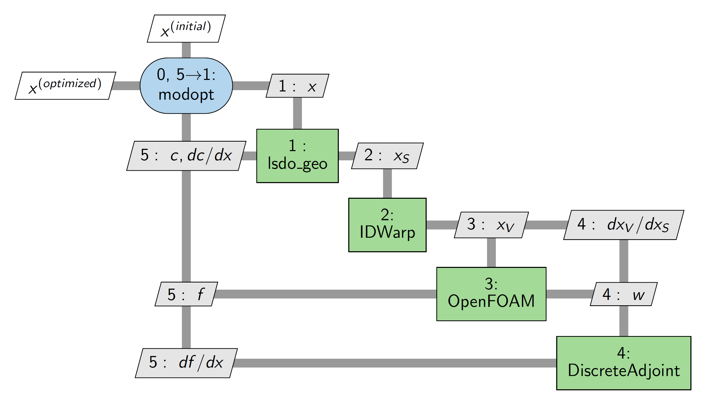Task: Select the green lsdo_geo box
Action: tap(297, 156)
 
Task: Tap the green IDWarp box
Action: tap(387, 225)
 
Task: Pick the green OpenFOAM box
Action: tap(491, 294)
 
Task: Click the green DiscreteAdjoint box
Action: tap(624, 363)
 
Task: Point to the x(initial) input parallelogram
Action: tap(186, 29)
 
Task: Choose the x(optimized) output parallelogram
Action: tap(65, 86)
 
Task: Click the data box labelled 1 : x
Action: tap(297, 86)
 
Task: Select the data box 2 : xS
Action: tap(387, 156)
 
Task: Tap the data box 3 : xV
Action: tap(491, 225)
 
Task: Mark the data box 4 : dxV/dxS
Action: tap(624, 225)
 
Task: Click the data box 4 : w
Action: tap(624, 294)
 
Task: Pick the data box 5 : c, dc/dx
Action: tap(186, 156)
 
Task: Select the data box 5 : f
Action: tap(186, 294)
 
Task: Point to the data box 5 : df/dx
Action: tap(186, 363)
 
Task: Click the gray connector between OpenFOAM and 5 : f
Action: tap(326, 294)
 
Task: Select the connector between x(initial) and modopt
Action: tap(186, 50)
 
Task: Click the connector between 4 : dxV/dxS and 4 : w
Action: tap(624, 261)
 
